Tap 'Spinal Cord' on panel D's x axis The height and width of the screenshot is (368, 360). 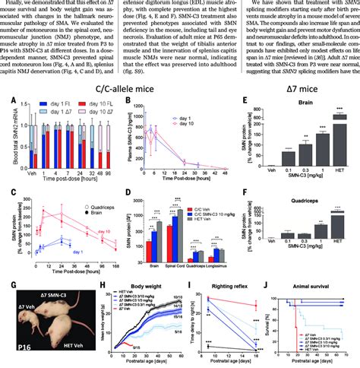pos(182,246)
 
